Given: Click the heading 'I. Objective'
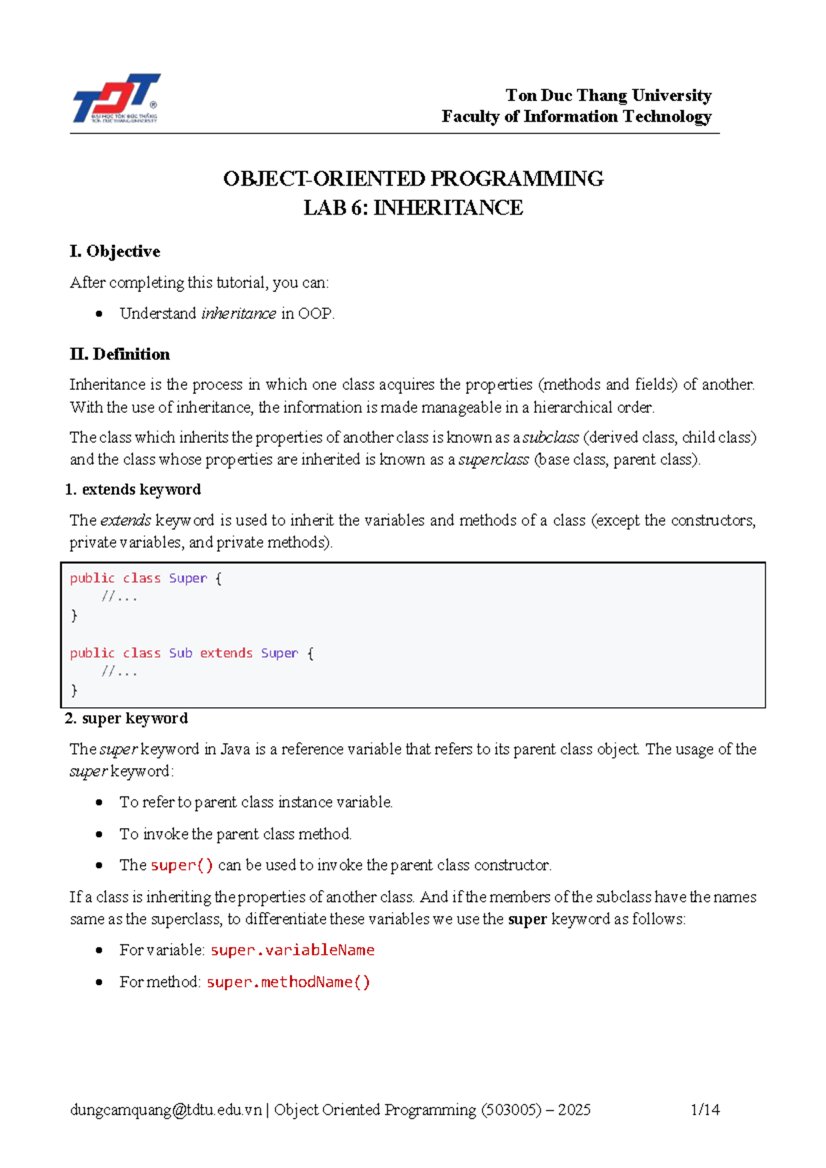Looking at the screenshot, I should tap(115, 252).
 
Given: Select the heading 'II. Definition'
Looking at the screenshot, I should tap(120, 354).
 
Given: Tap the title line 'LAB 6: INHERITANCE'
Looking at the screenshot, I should tap(413, 208).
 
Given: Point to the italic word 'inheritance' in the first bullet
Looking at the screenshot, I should tap(238, 314).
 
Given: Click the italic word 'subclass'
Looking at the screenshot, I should tap(551, 437).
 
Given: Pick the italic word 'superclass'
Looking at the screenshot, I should tap(494, 459).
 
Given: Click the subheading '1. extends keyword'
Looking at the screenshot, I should tap(134, 489).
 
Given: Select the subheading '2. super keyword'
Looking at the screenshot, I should tap(127, 718).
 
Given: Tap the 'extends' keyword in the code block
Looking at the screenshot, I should tap(226, 653).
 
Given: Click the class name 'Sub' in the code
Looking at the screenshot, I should tap(180, 653).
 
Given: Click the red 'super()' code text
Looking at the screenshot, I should tap(182, 865).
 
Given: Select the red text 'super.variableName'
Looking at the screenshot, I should tap(293, 950).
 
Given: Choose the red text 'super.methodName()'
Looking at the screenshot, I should tap(288, 982).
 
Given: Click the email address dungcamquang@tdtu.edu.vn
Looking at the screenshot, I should tap(166, 1110).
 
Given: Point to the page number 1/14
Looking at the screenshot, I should tap(705, 1110).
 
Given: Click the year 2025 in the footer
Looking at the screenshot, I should tap(574, 1110).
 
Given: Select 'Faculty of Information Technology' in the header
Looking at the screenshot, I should tap(576, 116).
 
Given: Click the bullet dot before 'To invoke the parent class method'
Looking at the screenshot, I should tap(100, 834).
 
